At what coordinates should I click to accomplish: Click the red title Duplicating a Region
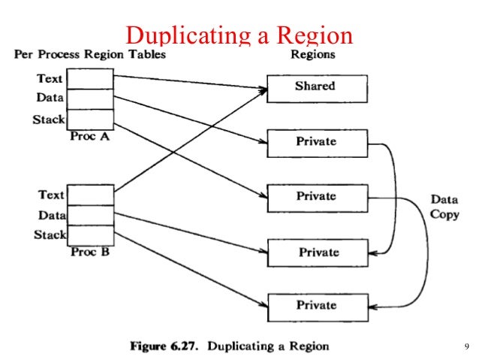(x=239, y=35)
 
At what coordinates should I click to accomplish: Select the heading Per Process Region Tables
(x=90, y=55)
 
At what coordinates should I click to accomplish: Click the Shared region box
(x=317, y=87)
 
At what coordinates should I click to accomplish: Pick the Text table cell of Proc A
(x=90, y=78)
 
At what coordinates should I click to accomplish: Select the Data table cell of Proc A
(x=90, y=98)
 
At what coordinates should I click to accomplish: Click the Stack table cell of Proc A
(x=90, y=119)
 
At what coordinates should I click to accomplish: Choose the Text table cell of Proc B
(x=90, y=195)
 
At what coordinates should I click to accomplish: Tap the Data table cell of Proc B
(x=90, y=215)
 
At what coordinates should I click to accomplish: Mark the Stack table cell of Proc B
(x=90, y=235)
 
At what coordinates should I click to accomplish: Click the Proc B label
(x=90, y=253)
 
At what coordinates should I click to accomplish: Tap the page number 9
(x=466, y=346)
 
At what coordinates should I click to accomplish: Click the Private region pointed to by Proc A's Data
(x=317, y=142)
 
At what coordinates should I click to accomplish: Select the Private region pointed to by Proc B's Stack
(x=317, y=307)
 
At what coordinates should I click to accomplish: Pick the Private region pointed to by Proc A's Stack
(x=317, y=197)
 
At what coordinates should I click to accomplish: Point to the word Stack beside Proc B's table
(x=50, y=235)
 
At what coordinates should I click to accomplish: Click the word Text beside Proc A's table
(x=50, y=78)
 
